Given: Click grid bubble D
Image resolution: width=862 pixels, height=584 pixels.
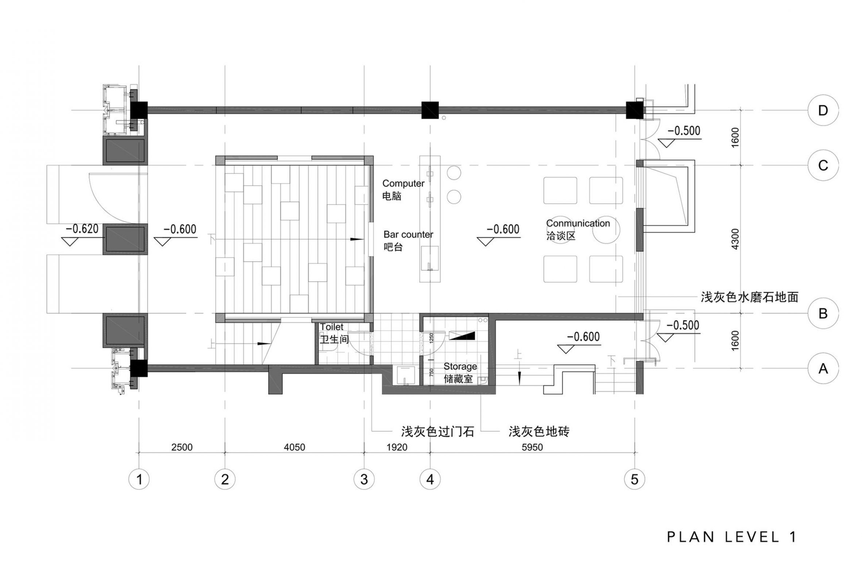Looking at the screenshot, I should pyautogui.click(x=823, y=110).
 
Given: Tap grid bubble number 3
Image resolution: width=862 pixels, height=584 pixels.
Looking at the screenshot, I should pyautogui.click(x=364, y=479).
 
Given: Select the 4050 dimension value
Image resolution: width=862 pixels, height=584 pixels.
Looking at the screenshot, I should pyautogui.click(x=294, y=447).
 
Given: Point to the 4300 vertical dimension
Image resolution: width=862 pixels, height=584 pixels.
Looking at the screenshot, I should pyautogui.click(x=735, y=239).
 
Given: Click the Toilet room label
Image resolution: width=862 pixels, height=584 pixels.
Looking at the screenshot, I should pyautogui.click(x=332, y=327).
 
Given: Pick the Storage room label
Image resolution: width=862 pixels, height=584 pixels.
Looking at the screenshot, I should pyautogui.click(x=460, y=366).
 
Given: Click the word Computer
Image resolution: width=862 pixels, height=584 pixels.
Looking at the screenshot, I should pyautogui.click(x=403, y=183).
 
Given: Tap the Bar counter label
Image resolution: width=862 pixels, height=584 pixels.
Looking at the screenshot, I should pyautogui.click(x=408, y=234).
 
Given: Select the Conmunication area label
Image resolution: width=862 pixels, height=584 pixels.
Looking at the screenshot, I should pyautogui.click(x=578, y=223).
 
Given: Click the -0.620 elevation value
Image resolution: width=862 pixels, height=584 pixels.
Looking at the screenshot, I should pyautogui.click(x=82, y=228).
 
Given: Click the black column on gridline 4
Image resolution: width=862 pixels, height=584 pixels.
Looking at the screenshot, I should pyautogui.click(x=430, y=110).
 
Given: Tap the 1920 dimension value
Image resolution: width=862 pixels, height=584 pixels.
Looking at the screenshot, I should pyautogui.click(x=397, y=447).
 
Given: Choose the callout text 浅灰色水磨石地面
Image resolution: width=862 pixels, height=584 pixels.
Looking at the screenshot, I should pyautogui.click(x=749, y=297).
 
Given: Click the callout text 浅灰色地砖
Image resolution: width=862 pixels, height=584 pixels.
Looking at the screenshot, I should pyautogui.click(x=538, y=431).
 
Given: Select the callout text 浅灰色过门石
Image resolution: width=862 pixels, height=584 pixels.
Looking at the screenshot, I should pyautogui.click(x=437, y=431).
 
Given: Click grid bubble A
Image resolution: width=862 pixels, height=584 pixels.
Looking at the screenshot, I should pyautogui.click(x=823, y=368).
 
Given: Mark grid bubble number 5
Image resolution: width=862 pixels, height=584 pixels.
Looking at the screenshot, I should pyautogui.click(x=634, y=479).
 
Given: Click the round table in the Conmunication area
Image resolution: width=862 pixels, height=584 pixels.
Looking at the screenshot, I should pyautogui.click(x=606, y=230).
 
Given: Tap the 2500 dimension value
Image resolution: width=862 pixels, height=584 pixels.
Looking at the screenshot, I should pyautogui.click(x=182, y=447).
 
